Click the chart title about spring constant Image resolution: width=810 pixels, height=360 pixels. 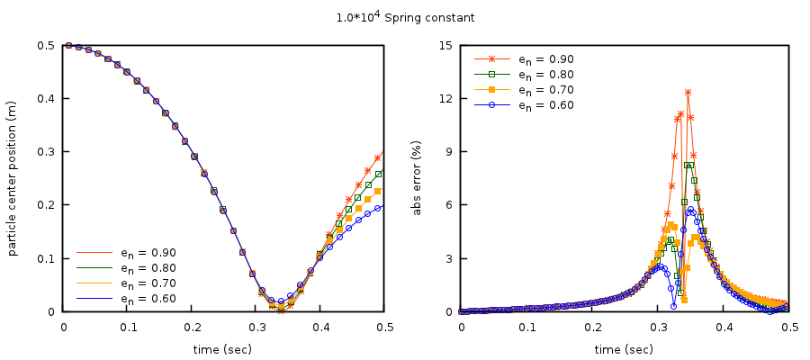(x=404, y=18)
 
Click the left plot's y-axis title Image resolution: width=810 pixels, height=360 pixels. (x=13, y=178)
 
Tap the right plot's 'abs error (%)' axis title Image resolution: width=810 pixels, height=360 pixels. (x=417, y=178)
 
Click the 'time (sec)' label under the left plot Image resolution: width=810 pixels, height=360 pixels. (x=223, y=349)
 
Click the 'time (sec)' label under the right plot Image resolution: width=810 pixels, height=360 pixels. (x=624, y=349)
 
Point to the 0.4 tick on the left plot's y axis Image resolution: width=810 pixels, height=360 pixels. (x=44, y=98)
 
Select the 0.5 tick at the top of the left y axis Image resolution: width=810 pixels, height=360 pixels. (x=44, y=45)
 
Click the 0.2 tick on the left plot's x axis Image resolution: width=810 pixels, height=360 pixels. (x=192, y=326)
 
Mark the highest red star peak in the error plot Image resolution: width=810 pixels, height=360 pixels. (x=688, y=92)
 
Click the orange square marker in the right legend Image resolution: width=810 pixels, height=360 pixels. (x=491, y=90)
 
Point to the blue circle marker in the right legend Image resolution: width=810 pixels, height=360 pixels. (x=491, y=105)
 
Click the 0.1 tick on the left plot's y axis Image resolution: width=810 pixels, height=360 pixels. (x=44, y=258)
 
